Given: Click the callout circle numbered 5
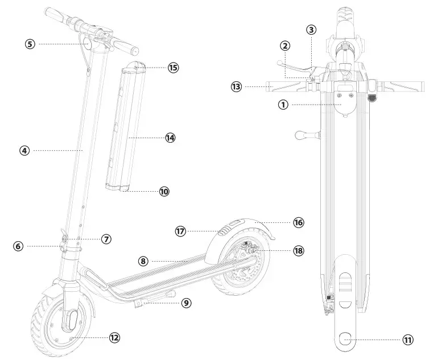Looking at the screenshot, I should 31,43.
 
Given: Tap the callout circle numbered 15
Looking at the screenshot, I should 173,67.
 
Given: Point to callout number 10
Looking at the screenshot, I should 164,192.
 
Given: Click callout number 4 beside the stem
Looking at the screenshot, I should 24,151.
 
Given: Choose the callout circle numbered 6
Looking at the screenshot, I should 18,246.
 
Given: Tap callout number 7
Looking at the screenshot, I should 106,239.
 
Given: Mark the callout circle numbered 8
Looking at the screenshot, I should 144,261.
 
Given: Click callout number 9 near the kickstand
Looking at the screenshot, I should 186,303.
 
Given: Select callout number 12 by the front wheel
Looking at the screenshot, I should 114,337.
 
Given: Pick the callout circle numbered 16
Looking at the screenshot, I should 299,222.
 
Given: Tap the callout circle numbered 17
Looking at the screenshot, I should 181,231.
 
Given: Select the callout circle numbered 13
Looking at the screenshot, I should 236,86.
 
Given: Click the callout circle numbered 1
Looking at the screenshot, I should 283,104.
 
